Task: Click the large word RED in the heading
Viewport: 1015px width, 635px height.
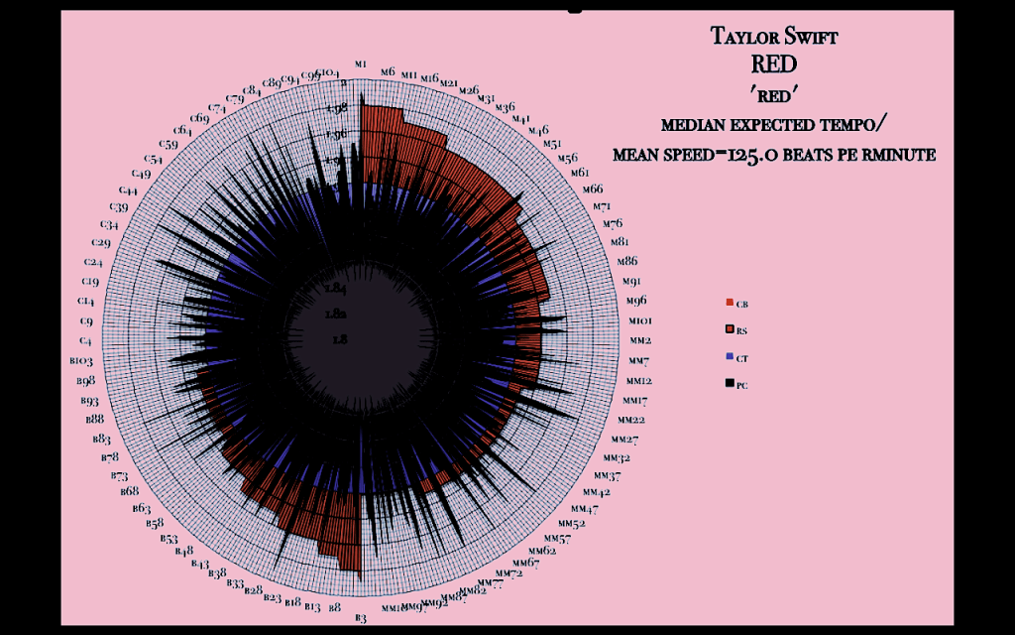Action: pos(773,66)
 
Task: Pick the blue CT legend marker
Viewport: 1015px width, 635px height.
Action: pos(730,357)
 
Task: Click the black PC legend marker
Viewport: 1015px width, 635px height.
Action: pos(730,384)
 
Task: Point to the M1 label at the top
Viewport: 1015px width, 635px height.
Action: pos(361,64)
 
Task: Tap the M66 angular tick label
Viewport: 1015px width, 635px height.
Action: pos(592,189)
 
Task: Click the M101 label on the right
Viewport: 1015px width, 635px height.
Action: pos(639,321)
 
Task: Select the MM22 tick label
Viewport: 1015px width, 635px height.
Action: pos(632,420)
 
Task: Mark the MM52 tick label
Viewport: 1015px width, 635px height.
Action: pos(572,523)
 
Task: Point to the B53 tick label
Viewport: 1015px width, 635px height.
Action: pos(169,538)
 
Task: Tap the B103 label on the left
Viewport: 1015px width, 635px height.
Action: pos(81,361)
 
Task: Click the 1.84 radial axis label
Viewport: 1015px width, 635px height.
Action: pos(335,289)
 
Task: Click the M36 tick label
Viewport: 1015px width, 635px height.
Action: pos(505,107)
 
